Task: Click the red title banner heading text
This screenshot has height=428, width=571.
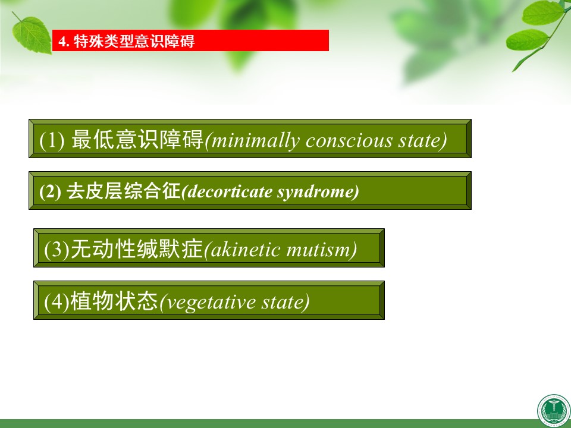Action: pos(127,41)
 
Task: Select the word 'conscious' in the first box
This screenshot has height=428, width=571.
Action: pos(349,141)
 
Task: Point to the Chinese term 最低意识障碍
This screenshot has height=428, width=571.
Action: pos(137,139)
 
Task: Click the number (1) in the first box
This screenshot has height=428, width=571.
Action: pos(52,140)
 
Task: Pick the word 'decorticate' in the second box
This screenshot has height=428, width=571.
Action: pos(227,192)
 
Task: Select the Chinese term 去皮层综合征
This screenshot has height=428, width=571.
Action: pos(124,191)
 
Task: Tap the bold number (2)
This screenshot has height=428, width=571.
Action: pos(50,192)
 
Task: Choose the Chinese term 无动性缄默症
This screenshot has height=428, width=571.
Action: pos(137,249)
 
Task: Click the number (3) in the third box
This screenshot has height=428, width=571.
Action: pos(57,250)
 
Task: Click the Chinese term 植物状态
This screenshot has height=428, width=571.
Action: pos(114,301)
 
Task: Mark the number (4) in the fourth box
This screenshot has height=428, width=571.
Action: pos(57,302)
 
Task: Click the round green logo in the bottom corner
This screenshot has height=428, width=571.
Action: pos(554,411)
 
